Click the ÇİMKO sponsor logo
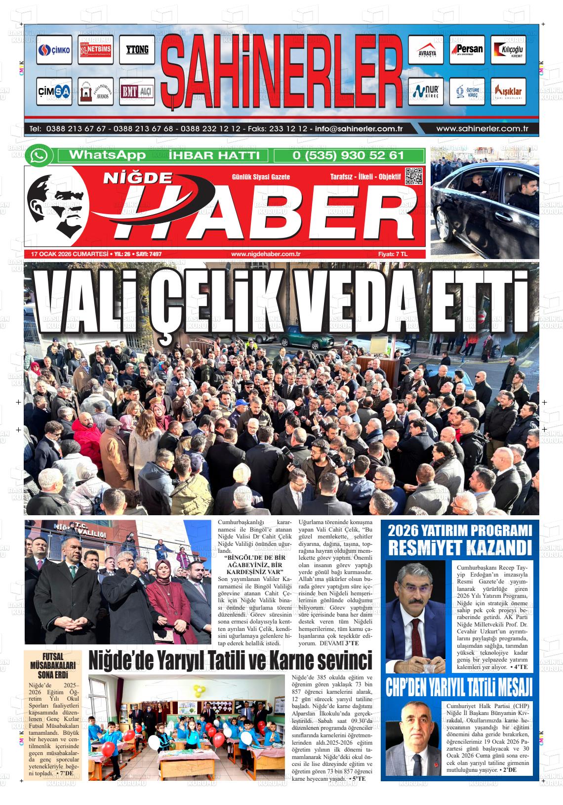[54, 50]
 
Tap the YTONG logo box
[137, 50]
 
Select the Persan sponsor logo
[467, 50]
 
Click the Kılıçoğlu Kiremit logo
[508, 50]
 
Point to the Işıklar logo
[508, 91]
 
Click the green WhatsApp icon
[39, 156]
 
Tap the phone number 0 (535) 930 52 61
[348, 155]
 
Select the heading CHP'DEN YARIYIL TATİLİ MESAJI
[459, 686]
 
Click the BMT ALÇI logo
[137, 91]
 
